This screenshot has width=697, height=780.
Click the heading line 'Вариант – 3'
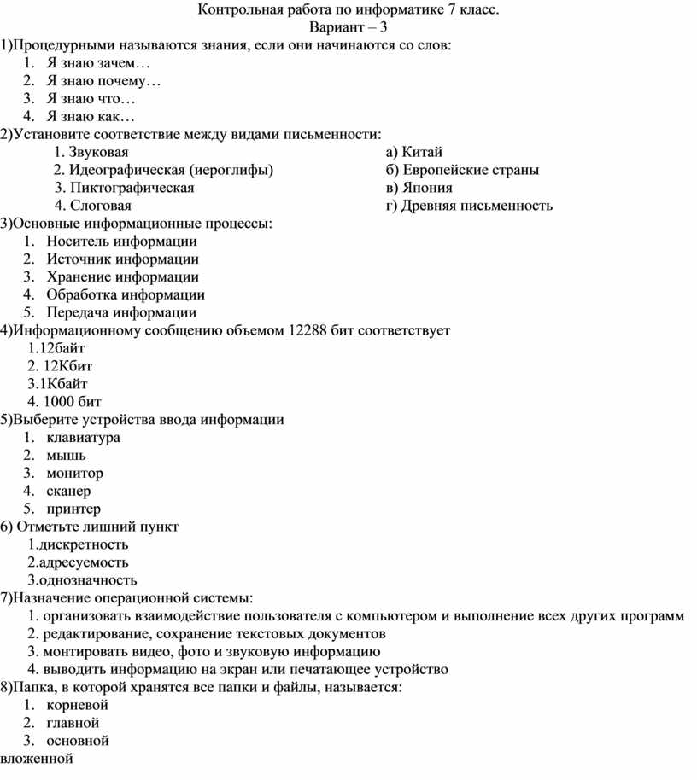point(348,27)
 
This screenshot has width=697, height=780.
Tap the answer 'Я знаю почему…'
point(103,81)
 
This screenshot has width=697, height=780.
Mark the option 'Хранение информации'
point(123,276)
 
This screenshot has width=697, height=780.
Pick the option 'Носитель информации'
point(122,242)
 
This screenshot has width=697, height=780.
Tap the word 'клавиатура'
point(84,437)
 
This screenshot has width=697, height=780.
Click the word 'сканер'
point(69,491)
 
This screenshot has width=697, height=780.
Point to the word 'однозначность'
point(88,580)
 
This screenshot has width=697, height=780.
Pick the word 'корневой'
point(78,705)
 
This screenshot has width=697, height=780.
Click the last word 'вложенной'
point(37,759)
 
